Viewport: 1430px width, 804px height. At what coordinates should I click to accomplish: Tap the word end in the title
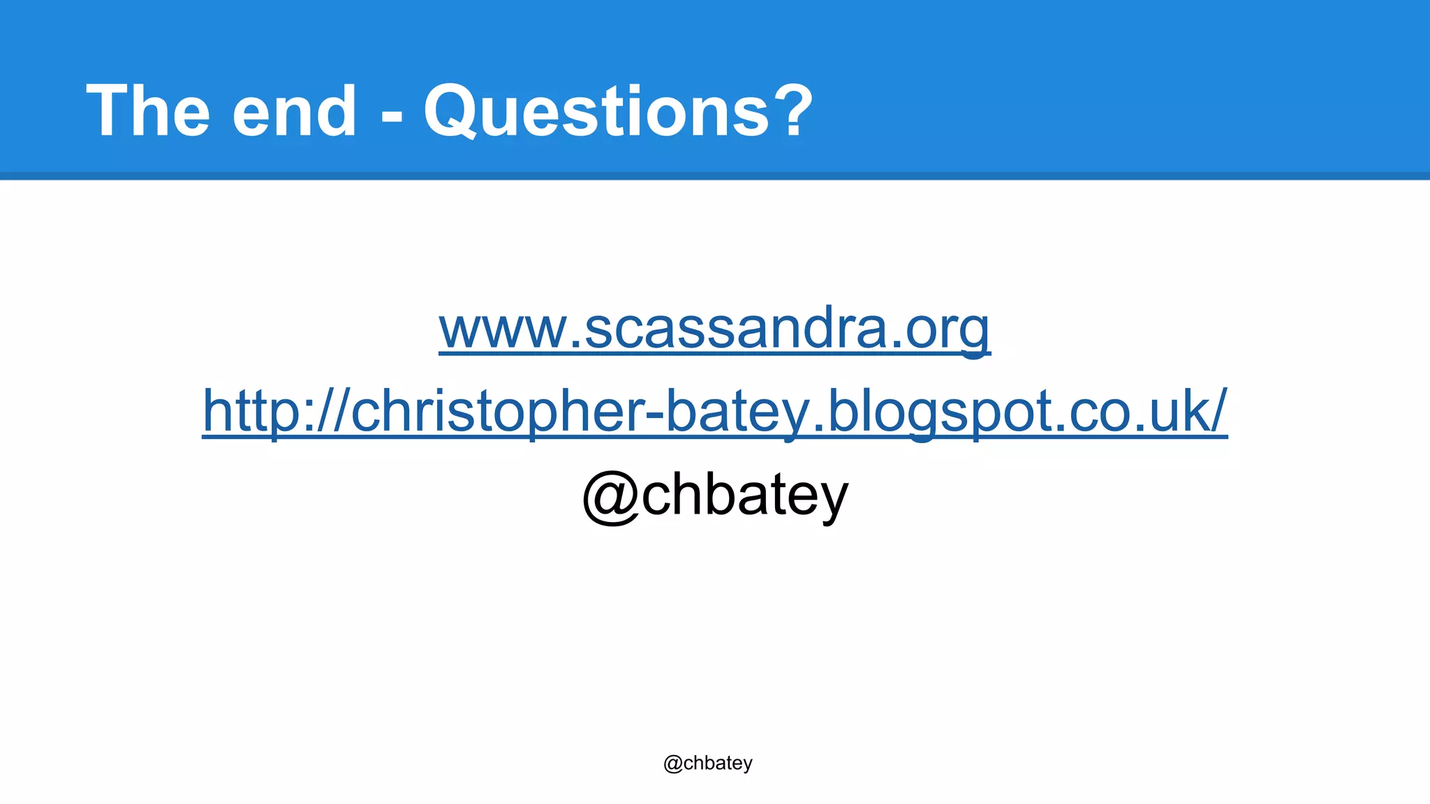tap(295, 112)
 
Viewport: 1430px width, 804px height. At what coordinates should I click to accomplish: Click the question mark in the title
tap(793, 110)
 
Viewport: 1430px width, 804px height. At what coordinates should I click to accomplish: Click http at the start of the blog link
tap(251, 412)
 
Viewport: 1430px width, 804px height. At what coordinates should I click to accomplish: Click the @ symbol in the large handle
tap(610, 497)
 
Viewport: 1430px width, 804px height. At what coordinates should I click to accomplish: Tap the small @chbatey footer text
tap(708, 764)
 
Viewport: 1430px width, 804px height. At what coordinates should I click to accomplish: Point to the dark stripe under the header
tap(715, 176)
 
